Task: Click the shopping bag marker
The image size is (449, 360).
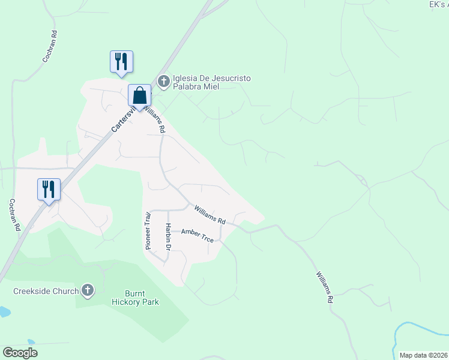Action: pyautogui.click(x=139, y=96)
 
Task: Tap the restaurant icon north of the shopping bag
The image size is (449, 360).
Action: pyautogui.click(x=121, y=62)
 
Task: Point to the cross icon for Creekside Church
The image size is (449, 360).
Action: pyautogui.click(x=88, y=291)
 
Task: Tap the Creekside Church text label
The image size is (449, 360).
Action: pyautogui.click(x=46, y=292)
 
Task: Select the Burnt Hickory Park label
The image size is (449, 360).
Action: pyautogui.click(x=142, y=298)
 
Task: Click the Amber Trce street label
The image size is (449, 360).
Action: pyautogui.click(x=197, y=235)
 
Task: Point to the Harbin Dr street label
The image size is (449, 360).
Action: pyautogui.click(x=169, y=237)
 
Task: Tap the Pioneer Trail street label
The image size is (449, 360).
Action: pyautogui.click(x=148, y=230)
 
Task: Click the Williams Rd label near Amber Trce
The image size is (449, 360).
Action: pyautogui.click(x=209, y=213)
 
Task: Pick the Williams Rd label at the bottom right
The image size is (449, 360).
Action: pyautogui.click(x=324, y=287)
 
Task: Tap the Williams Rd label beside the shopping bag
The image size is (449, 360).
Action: pyautogui.click(x=156, y=118)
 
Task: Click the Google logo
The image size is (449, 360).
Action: pyautogui.click(x=20, y=353)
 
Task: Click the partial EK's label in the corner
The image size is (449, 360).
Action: pyautogui.click(x=439, y=4)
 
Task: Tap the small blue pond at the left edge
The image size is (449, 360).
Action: pyautogui.click(x=3, y=312)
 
